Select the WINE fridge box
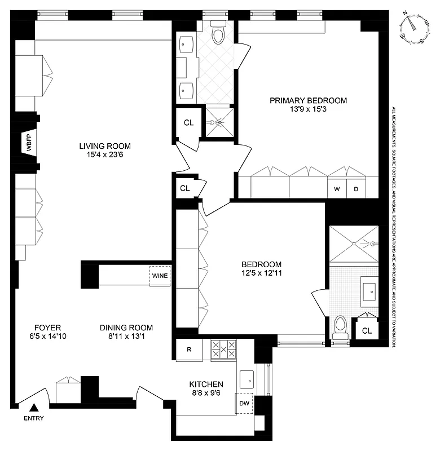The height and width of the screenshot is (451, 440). (160, 276)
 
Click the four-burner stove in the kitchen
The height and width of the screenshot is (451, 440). (225, 350)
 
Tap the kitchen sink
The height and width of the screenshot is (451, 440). (247, 379)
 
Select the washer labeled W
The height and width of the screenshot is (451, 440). (337, 189)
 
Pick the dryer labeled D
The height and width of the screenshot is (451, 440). (356, 189)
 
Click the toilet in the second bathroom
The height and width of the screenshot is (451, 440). (340, 328)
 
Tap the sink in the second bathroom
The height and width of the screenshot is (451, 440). (371, 291)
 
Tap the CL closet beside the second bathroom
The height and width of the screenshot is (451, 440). (367, 330)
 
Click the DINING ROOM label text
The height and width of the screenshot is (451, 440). (126, 328)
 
